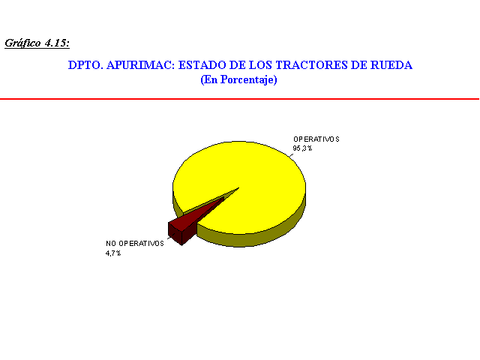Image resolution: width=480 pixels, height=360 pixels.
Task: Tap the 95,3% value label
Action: [302, 148]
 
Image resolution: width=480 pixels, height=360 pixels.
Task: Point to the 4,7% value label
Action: [113, 253]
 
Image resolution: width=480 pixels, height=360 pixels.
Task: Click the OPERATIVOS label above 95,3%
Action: [316, 139]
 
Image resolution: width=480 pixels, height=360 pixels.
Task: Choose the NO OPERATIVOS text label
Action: [135, 243]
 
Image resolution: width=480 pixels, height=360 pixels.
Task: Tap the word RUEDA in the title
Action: [391, 65]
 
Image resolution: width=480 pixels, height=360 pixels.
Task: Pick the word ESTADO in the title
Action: [201, 65]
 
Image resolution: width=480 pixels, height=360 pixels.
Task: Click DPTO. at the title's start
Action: [85, 65]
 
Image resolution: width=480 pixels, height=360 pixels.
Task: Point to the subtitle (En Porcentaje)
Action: [238, 79]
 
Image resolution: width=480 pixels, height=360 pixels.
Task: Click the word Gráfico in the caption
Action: [22, 43]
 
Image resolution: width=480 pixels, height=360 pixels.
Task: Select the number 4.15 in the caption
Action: [57, 43]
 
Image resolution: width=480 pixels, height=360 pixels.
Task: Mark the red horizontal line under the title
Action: [240, 99]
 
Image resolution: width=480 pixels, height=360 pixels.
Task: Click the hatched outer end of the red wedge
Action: [175, 233]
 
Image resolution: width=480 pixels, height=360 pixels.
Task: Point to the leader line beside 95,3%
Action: [291, 155]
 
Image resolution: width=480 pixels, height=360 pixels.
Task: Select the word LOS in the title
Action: [261, 65]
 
